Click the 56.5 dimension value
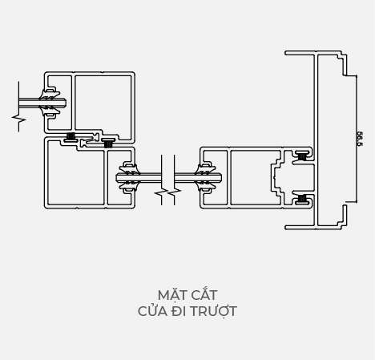(360, 139)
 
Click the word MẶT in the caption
(169, 295)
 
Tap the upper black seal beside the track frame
(302, 156)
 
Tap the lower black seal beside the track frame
(302, 198)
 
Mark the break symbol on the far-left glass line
(18, 119)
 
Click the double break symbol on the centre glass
(167, 192)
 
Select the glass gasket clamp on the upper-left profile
(50, 102)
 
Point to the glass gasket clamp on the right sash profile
(208, 177)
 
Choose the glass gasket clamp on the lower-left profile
(129, 177)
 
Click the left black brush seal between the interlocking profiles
(71, 136)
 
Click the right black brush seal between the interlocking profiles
(108, 144)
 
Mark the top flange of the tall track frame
(313, 53)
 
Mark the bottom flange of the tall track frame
(313, 228)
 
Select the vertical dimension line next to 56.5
(357, 139)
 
